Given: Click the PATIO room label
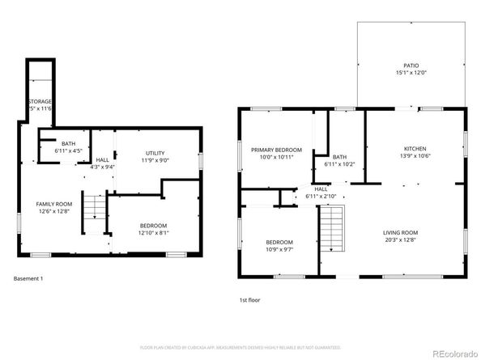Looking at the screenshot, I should pyautogui.click(x=411, y=64).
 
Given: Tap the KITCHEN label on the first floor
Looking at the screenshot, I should pyautogui.click(x=415, y=149).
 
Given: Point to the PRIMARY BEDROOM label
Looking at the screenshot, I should pyautogui.click(x=275, y=150).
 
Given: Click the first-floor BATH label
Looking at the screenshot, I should pyautogui.click(x=338, y=157).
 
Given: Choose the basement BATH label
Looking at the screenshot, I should pyautogui.click(x=68, y=144).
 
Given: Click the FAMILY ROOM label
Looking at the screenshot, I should pyautogui.click(x=53, y=204).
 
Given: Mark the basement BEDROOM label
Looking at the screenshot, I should pyautogui.click(x=153, y=225).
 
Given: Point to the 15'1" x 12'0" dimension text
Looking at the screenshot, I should pyautogui.click(x=411, y=71).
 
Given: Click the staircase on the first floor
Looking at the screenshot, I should pyautogui.click(x=332, y=229).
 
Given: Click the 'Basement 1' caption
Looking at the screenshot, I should pyautogui.click(x=28, y=278).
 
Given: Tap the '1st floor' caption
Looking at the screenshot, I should pyautogui.click(x=249, y=299).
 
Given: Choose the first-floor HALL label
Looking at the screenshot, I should pyautogui.click(x=321, y=189).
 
